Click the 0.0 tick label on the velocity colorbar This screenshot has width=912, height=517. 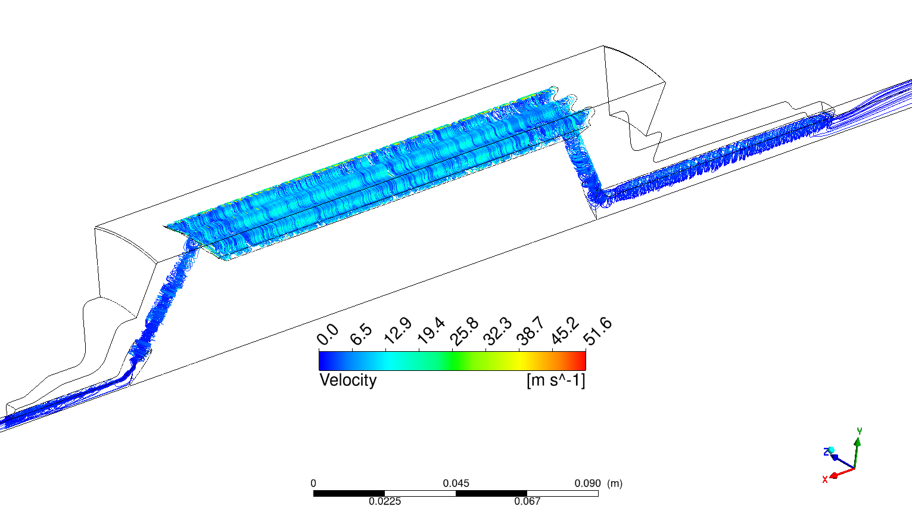pyautogui.click(x=328, y=335)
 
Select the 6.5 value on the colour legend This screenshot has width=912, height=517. pyautogui.click(x=361, y=335)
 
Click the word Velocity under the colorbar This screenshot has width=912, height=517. pyautogui.click(x=348, y=380)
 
